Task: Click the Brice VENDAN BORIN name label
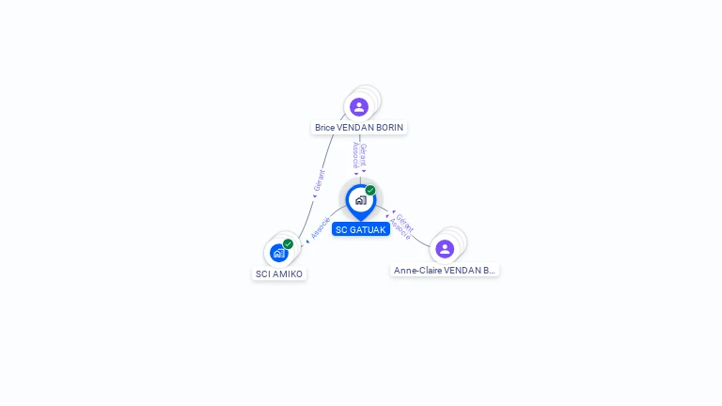click(x=359, y=128)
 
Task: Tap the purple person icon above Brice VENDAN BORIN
click(x=359, y=107)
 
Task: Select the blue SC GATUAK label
click(x=361, y=229)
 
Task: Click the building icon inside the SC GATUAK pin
click(x=361, y=200)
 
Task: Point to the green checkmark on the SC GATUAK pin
click(x=370, y=190)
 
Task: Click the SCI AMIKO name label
click(x=279, y=273)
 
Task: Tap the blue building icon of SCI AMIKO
click(x=278, y=253)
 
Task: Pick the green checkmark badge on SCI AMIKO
click(x=289, y=244)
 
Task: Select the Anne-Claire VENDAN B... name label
click(x=445, y=271)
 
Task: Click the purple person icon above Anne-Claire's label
click(x=445, y=249)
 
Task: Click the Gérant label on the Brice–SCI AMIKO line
click(x=319, y=180)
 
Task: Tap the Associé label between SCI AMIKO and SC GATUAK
click(x=321, y=228)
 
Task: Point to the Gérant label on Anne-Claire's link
click(x=405, y=223)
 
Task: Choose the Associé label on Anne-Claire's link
click(x=400, y=229)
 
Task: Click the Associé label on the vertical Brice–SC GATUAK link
click(x=355, y=155)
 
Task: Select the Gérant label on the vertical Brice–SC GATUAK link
click(x=363, y=155)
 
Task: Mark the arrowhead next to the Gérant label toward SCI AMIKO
click(x=315, y=196)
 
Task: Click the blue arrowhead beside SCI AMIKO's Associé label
click(x=307, y=242)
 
